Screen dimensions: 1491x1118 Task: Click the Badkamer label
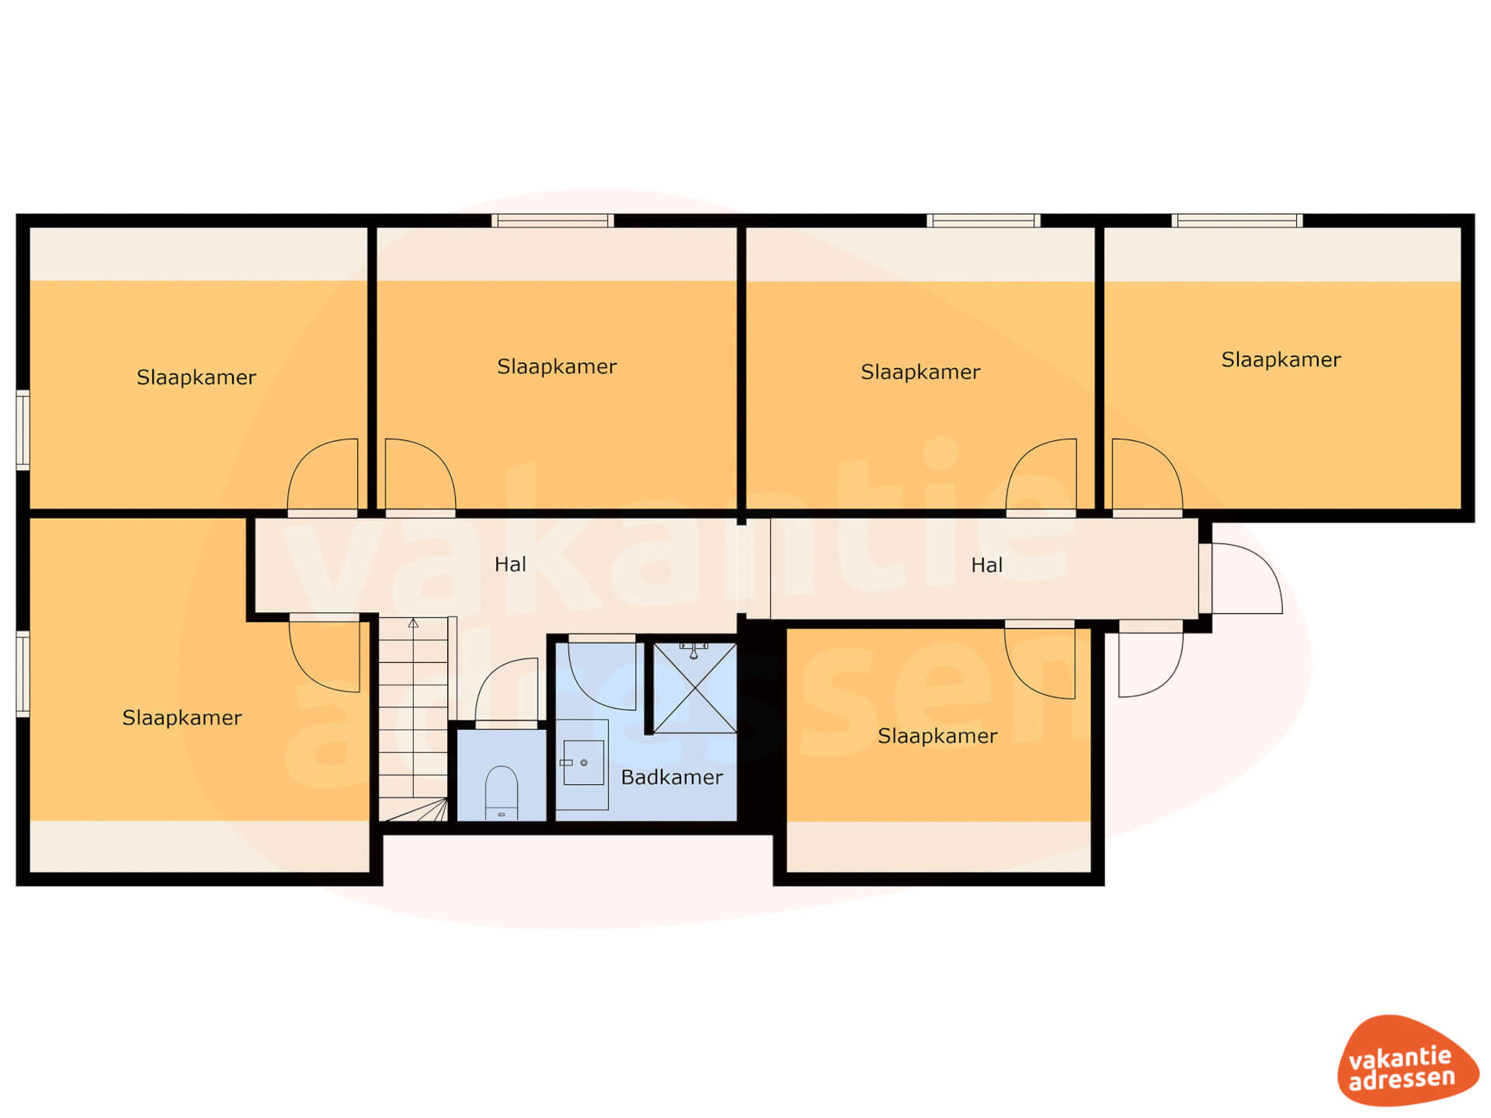672,777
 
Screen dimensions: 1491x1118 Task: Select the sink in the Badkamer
583,762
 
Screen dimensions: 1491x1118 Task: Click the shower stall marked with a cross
695,688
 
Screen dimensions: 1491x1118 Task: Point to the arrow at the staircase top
413,623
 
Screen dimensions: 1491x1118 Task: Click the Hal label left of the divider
510,564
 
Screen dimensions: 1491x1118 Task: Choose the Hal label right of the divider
986,565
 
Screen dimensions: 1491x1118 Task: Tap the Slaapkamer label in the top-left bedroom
196,377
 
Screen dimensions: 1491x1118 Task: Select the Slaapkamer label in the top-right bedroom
1281,359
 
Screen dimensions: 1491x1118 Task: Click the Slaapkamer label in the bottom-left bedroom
182,717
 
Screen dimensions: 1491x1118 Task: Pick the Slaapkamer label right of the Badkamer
937,736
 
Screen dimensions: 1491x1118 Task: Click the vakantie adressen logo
1406,1061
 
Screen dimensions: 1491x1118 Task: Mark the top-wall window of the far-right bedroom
1237,220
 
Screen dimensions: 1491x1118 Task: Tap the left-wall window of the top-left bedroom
23,430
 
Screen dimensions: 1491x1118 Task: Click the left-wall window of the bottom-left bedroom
23,674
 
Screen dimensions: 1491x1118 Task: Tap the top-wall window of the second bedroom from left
553,220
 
